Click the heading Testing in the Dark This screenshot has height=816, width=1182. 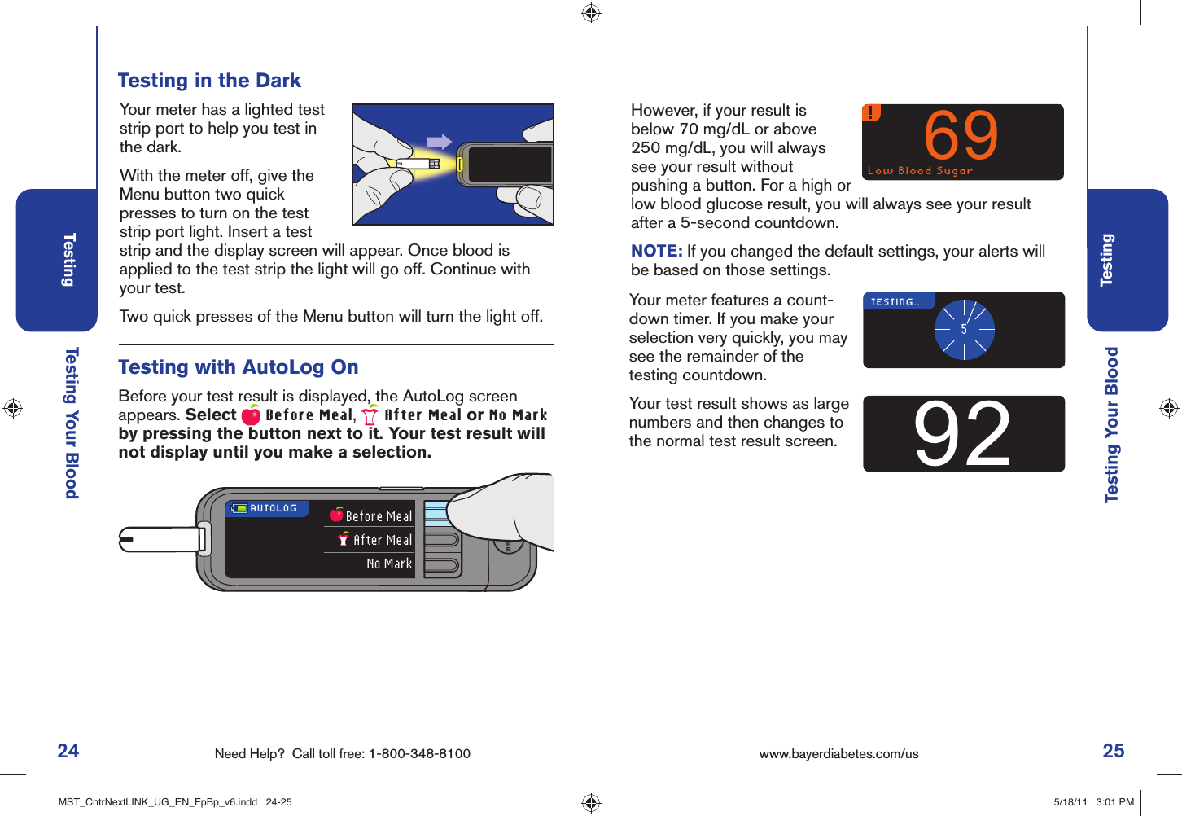point(209,81)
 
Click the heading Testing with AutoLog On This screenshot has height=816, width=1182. point(239,367)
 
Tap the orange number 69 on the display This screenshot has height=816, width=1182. point(961,136)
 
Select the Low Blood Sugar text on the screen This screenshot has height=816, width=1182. point(920,171)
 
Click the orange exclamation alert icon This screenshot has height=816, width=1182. point(871,112)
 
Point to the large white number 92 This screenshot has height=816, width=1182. point(962,435)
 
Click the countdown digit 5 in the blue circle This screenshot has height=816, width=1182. point(964,330)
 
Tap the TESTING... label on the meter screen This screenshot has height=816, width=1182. point(896,302)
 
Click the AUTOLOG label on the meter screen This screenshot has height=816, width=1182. point(273,508)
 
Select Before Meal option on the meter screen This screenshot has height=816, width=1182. point(378,516)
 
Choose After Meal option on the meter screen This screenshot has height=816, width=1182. point(382,540)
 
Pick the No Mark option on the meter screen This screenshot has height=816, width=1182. point(389,564)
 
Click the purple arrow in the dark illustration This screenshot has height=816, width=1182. point(439,142)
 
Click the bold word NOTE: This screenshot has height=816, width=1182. point(656,252)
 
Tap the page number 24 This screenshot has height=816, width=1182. point(68,751)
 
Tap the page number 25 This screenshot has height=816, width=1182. point(1113,751)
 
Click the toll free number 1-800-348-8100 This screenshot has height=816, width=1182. point(419,754)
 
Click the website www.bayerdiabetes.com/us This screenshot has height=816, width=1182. point(838,754)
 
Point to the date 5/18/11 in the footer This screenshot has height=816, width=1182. point(1070,802)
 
